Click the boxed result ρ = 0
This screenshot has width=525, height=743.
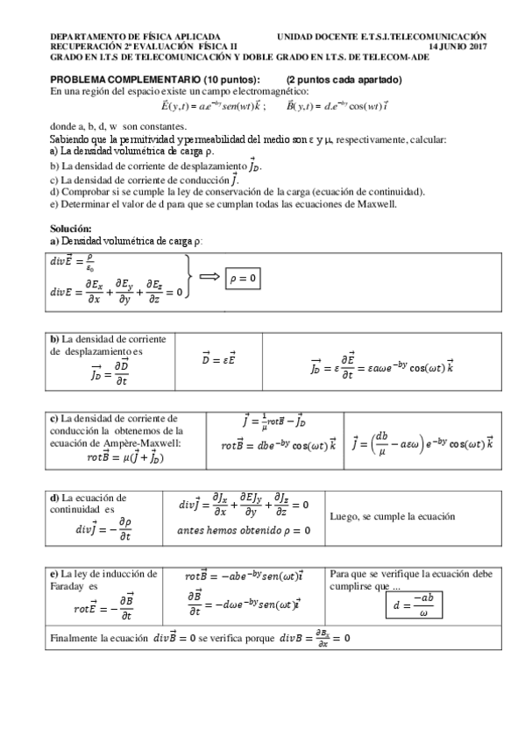243,278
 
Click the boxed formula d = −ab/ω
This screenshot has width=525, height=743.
415,605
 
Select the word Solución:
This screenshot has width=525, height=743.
71,229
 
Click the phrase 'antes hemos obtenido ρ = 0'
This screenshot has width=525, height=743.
238,530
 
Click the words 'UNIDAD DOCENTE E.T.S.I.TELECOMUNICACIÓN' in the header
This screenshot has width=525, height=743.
381,36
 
